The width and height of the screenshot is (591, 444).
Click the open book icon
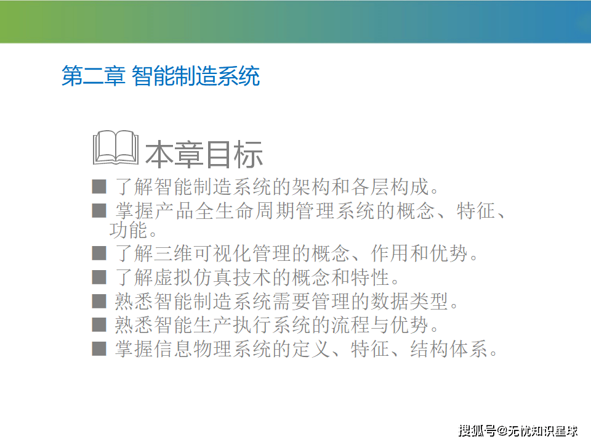(116, 147)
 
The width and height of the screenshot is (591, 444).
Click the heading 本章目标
(204, 154)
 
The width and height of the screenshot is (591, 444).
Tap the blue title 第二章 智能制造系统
(161, 76)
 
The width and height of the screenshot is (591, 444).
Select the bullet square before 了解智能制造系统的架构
(99, 186)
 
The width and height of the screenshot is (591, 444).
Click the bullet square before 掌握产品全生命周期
(99, 210)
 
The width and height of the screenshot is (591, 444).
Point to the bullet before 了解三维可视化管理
(99, 253)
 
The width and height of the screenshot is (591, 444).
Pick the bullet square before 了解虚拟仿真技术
(99, 277)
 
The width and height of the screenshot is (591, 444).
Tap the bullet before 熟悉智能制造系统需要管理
(99, 301)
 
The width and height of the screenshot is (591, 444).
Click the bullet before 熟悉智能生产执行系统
(99, 325)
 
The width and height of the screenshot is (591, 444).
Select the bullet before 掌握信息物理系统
(99, 348)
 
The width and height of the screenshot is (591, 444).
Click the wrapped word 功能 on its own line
(128, 230)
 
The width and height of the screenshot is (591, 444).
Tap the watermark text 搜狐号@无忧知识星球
(518, 430)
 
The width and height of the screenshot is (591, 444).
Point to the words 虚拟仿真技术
(213, 277)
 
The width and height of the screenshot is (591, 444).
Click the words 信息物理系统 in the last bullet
(213, 348)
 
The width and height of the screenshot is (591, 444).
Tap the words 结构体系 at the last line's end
(449, 348)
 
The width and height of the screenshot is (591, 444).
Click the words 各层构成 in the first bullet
(390, 186)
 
